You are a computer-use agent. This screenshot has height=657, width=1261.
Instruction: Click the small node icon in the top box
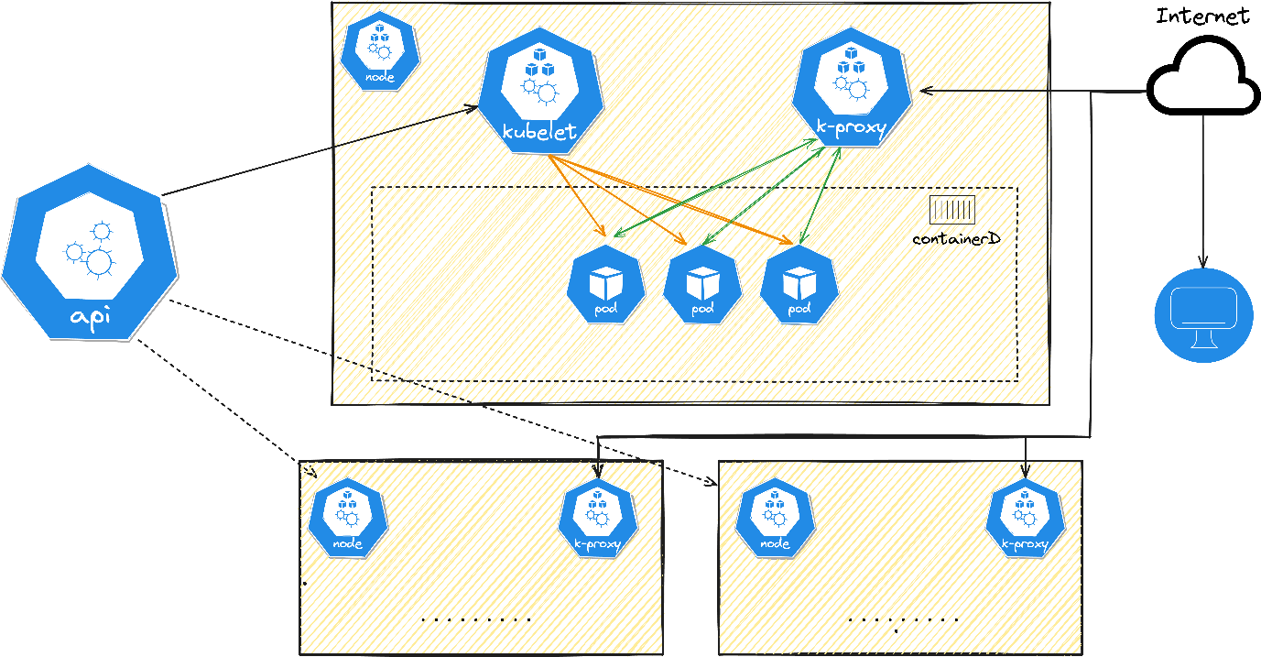tap(380, 50)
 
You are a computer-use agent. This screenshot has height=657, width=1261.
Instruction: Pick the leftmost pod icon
tap(605, 284)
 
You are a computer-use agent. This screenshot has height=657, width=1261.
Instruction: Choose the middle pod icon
tap(702, 284)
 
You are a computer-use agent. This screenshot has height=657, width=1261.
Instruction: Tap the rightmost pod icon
tap(799, 284)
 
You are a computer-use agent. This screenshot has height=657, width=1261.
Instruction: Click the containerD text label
tap(956, 239)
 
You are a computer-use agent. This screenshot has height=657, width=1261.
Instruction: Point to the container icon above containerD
tap(952, 210)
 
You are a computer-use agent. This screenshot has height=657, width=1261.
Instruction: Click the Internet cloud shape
tap(1202, 77)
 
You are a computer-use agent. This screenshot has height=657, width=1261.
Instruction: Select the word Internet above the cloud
tap(1202, 16)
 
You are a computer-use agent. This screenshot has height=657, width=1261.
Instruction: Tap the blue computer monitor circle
tap(1203, 314)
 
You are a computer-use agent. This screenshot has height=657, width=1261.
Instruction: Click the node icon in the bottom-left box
tap(348, 518)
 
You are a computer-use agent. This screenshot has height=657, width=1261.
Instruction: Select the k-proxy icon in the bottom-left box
tap(598, 518)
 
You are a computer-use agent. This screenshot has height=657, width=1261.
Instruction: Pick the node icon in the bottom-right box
tap(775, 518)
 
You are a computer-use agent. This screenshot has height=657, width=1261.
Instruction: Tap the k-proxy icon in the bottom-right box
tap(1025, 518)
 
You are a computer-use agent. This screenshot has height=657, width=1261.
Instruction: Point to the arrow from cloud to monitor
tap(1203, 192)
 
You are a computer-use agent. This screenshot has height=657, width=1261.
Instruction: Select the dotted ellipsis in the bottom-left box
tap(476, 619)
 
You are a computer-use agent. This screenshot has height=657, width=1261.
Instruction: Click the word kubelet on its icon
tap(540, 132)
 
